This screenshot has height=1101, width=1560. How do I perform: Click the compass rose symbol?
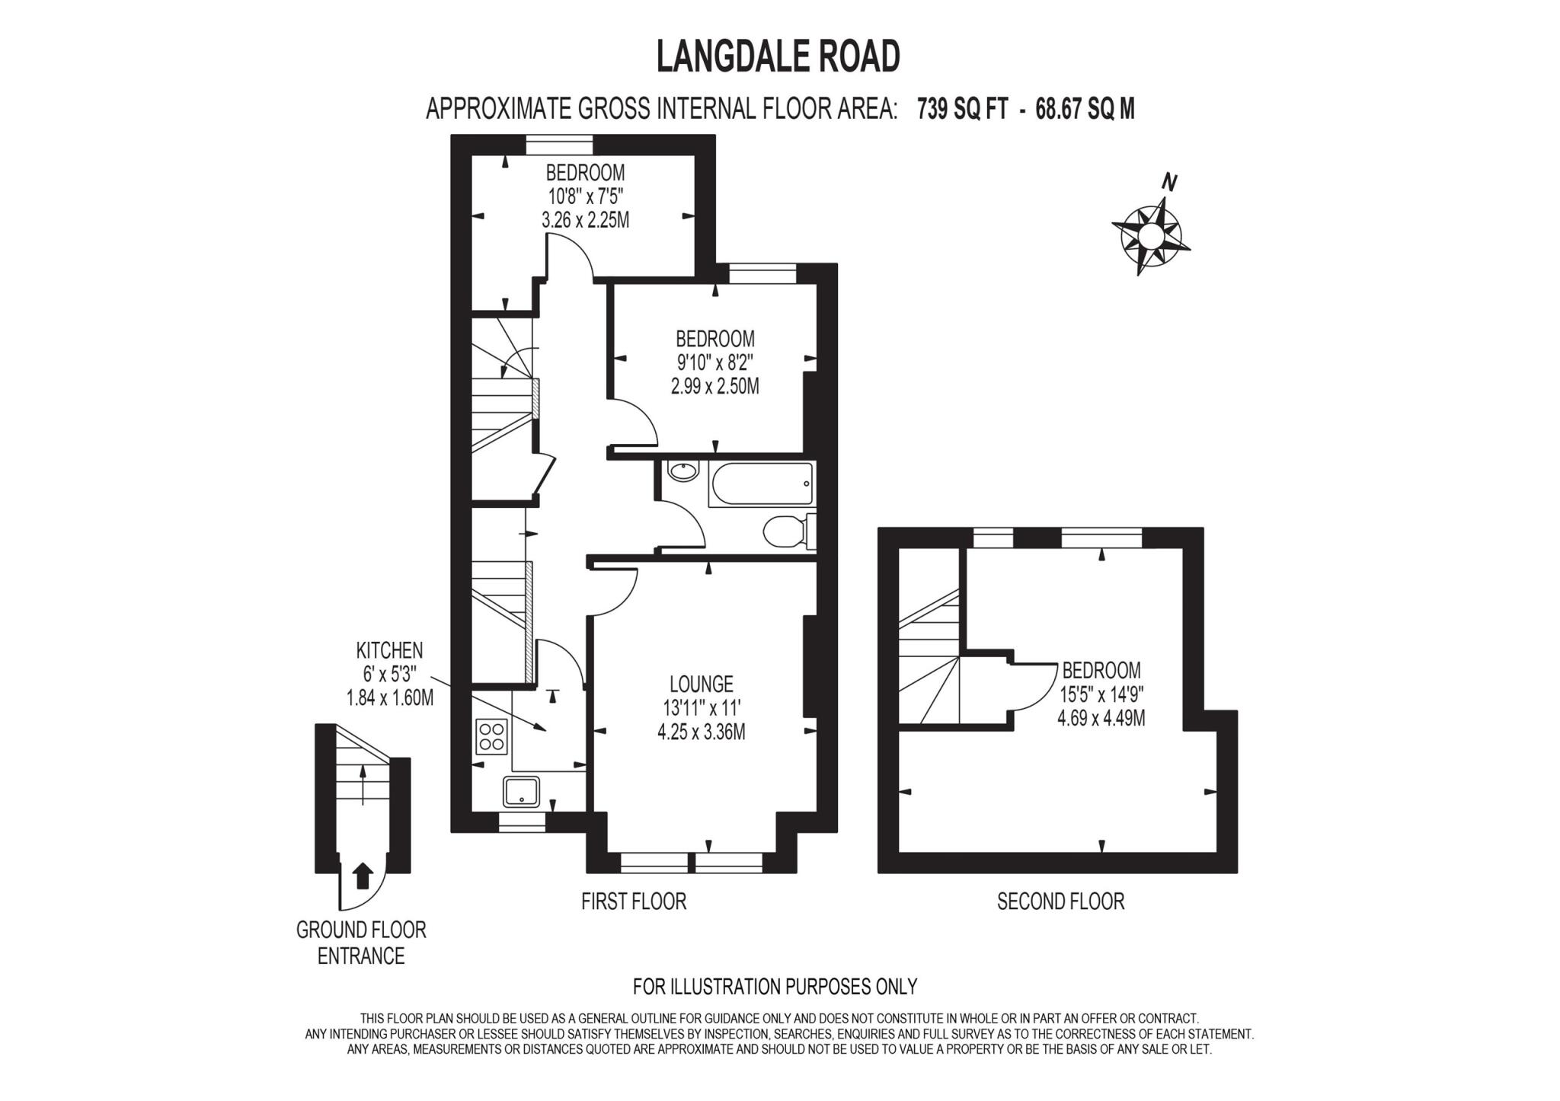coord(1151,237)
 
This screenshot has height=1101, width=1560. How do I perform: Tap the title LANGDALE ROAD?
coord(778,57)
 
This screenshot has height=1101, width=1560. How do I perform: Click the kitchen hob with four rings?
coord(491,736)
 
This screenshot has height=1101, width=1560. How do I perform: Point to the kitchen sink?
coord(521,791)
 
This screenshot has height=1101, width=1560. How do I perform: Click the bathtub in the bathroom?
coord(761,484)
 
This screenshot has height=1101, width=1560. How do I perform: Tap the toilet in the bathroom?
coord(785,531)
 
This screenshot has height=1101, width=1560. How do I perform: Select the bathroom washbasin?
coord(682,471)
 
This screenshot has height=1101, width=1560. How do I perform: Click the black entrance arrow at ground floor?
coord(363,876)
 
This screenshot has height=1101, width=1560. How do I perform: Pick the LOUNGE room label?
coord(701,684)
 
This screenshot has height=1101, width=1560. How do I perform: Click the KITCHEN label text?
coord(389,650)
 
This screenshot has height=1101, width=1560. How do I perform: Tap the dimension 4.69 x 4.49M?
coord(1101,718)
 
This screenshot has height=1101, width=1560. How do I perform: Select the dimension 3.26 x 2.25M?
coord(585,221)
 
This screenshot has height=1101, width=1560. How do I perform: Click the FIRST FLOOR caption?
coord(634,902)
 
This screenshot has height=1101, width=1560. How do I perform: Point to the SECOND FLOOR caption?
coord(1060,902)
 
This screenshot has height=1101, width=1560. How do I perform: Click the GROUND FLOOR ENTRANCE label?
coord(361,943)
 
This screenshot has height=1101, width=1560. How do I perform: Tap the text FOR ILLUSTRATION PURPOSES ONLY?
coord(775,987)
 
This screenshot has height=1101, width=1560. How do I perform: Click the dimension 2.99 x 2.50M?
coord(714,387)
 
